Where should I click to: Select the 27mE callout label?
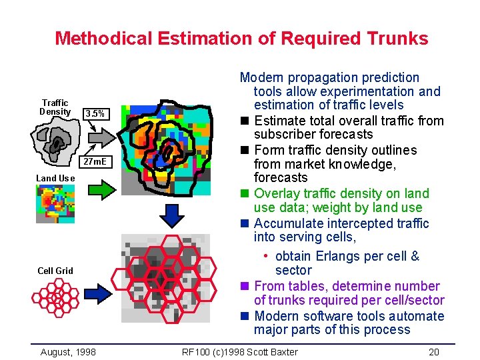point(96,162)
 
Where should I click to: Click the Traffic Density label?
point(55,107)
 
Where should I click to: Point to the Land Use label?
point(55,178)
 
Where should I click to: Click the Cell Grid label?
point(55,270)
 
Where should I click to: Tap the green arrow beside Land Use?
point(103,191)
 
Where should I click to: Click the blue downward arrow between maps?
point(173,214)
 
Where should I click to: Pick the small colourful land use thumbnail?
point(55,203)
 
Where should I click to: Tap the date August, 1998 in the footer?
point(67,352)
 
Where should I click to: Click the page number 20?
point(434,352)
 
